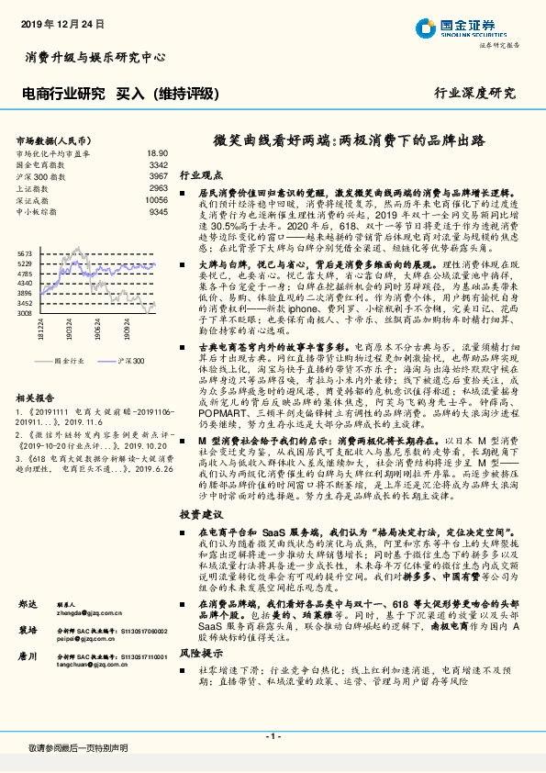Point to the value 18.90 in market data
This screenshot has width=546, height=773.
pos(157,153)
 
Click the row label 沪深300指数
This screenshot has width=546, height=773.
pos(40,175)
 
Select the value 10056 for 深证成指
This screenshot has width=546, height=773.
pos(156,199)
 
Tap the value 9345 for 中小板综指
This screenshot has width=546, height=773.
pos(158,211)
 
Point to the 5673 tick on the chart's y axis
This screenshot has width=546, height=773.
pos(25,252)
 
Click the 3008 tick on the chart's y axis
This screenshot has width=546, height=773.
pos(25,313)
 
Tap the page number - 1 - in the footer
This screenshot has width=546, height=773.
pos(273,737)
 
